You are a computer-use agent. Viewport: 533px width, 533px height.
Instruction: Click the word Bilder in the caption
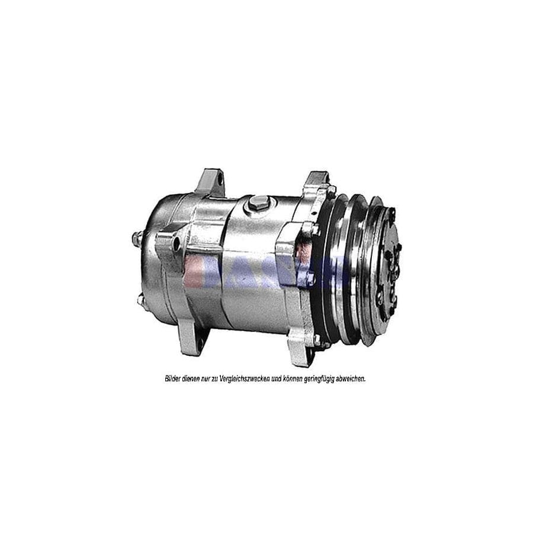click(x=173, y=378)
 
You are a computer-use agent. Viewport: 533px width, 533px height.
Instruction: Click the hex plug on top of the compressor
click(x=257, y=202)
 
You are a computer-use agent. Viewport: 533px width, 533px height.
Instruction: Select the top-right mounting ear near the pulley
click(x=316, y=181)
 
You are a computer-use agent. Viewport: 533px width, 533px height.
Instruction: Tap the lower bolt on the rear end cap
click(x=142, y=300)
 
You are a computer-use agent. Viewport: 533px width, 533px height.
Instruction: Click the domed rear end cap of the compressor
click(x=155, y=266)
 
